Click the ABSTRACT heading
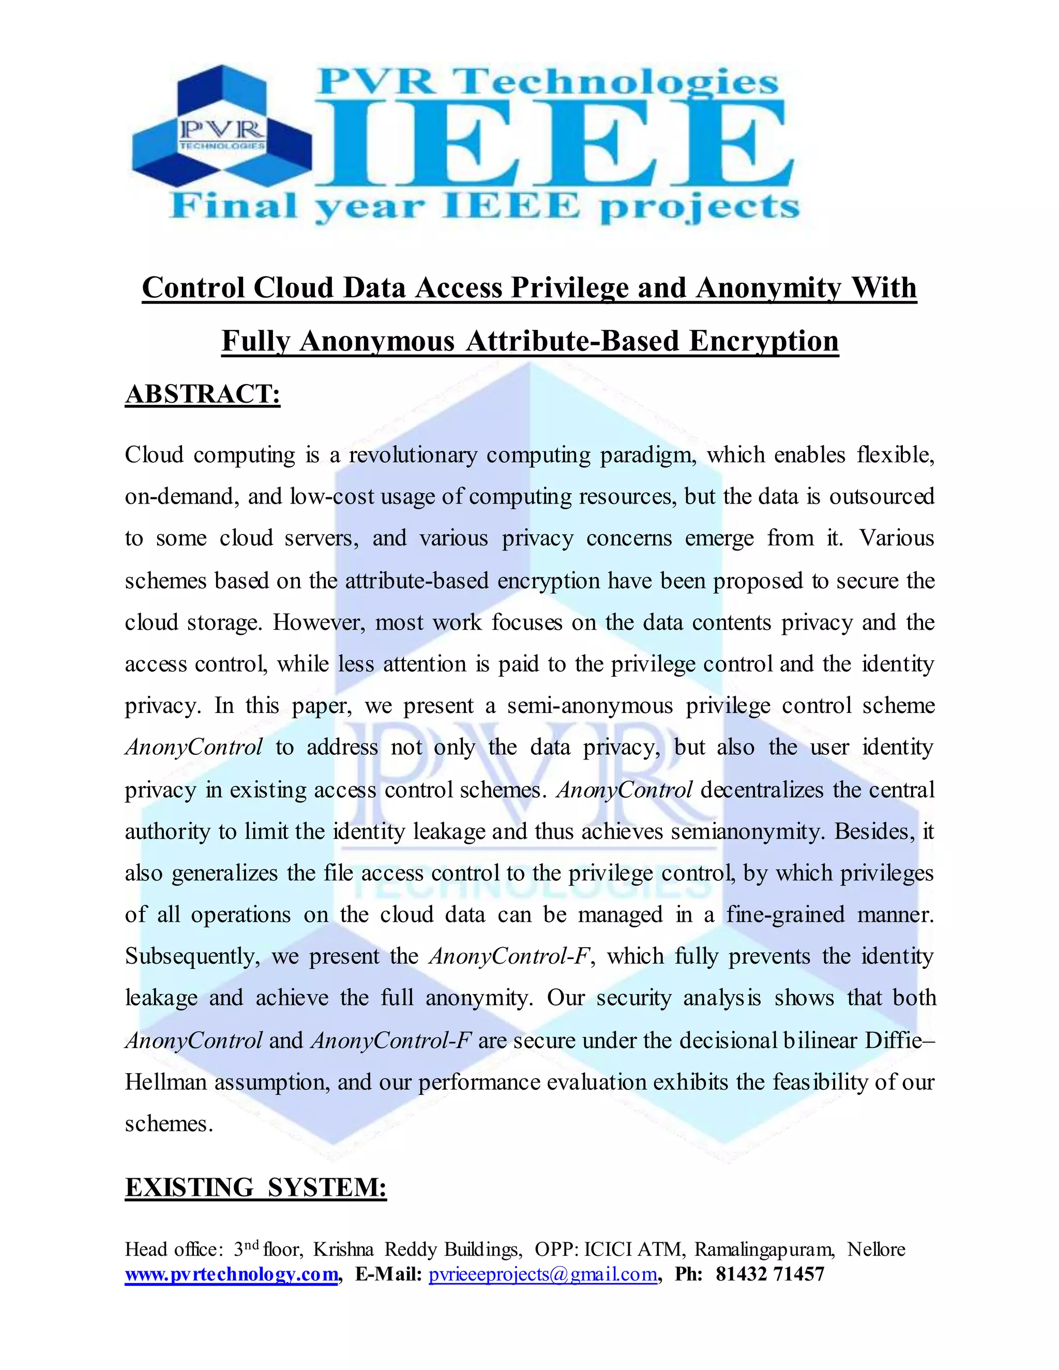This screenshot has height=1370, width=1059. point(202,394)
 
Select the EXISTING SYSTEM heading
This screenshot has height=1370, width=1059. point(255,1188)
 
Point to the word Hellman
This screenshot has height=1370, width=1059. point(165,1082)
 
